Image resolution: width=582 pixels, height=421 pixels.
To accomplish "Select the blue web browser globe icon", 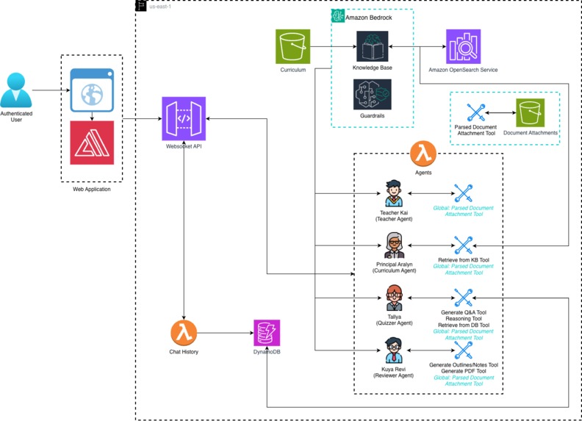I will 92,90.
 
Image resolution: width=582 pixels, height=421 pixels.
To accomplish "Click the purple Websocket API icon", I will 184,118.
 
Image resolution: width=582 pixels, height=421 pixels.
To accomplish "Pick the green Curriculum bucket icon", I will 293,47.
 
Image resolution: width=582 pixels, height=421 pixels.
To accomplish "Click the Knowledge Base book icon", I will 371,46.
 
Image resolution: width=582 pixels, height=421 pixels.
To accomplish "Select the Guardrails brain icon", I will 371,95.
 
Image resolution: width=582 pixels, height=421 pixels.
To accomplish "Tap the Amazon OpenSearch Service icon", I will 463,47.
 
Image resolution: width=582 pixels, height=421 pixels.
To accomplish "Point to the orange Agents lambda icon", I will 423,154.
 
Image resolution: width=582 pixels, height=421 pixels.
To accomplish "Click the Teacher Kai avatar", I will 394,192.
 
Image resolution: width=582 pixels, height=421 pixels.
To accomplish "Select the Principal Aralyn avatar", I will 394,245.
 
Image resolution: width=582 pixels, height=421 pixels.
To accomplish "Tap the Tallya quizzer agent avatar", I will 394,297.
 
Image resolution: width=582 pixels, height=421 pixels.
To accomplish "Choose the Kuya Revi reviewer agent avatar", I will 394,349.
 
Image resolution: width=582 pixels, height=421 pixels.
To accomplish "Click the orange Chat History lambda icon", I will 184,334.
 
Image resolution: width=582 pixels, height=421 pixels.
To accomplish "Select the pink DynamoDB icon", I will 267,334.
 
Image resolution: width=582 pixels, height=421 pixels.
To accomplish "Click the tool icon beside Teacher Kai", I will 462,192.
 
